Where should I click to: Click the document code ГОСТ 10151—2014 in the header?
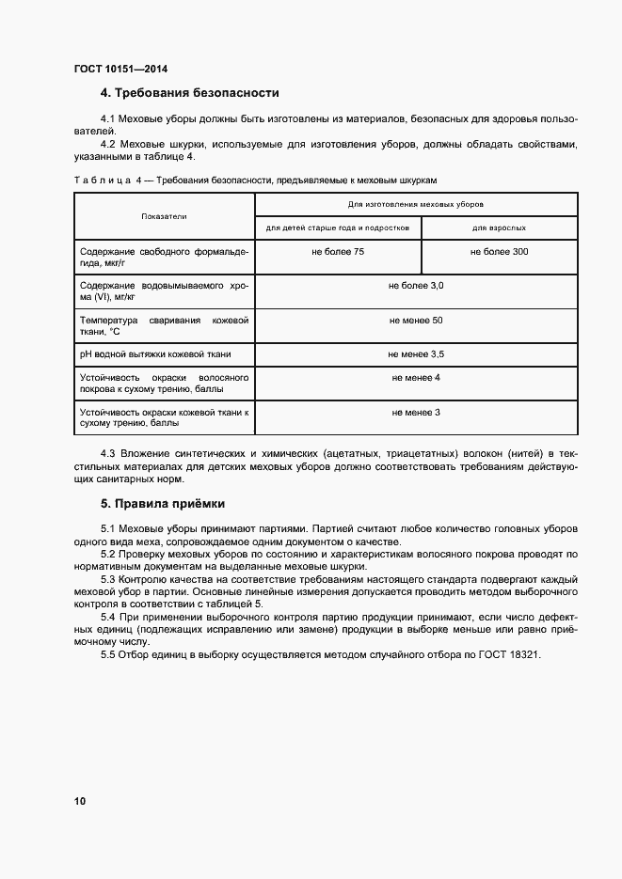pos(120,68)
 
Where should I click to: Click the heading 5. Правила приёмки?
pos(162,503)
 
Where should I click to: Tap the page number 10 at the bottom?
pos(79,801)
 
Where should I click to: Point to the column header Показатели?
pos(164,216)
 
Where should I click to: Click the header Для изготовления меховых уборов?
pos(416,203)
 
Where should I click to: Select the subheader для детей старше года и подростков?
pos(337,228)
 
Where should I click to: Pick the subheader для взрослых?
pos(499,228)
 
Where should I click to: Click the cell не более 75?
pos(338,252)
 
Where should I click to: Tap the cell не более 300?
pos(499,252)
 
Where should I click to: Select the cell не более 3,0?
pos(416,284)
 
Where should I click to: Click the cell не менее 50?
pos(416,321)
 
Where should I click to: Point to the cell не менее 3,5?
pos(416,353)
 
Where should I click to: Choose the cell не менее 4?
pos(416,377)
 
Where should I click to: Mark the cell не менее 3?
pos(416,412)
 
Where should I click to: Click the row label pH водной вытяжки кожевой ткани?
pos(154,354)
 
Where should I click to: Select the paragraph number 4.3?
pos(107,455)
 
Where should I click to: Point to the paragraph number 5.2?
pos(107,555)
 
